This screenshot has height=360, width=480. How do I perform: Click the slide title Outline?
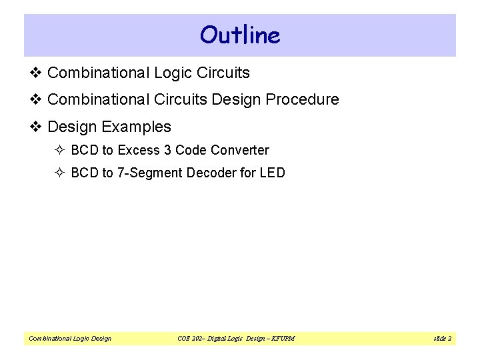[x=240, y=35]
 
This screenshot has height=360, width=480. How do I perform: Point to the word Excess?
[x=138, y=151]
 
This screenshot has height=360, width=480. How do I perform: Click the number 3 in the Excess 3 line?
[x=167, y=151]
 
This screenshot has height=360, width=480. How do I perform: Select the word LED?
[x=273, y=173]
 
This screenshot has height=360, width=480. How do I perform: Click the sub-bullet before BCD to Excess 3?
[x=60, y=151]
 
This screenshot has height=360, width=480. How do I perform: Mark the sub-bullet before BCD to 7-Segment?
[x=60, y=173]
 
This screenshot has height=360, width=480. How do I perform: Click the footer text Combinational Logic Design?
[x=70, y=339]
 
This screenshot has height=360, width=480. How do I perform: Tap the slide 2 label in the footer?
[x=442, y=339]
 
